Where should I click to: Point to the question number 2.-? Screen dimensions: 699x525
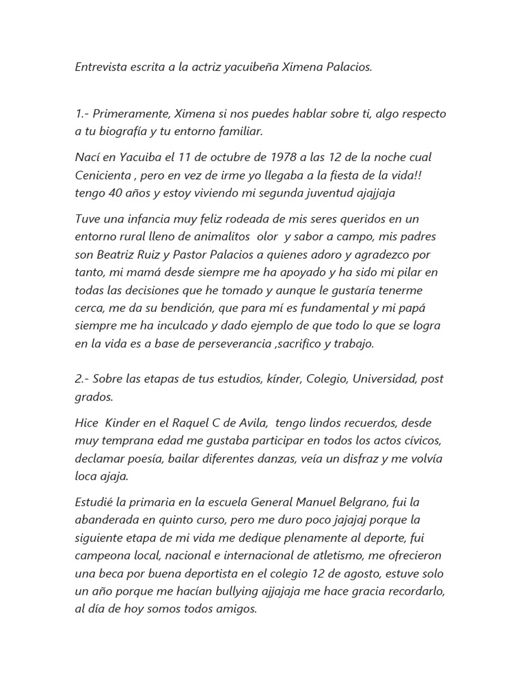(x=82, y=378)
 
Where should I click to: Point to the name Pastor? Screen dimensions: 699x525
(x=192, y=254)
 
